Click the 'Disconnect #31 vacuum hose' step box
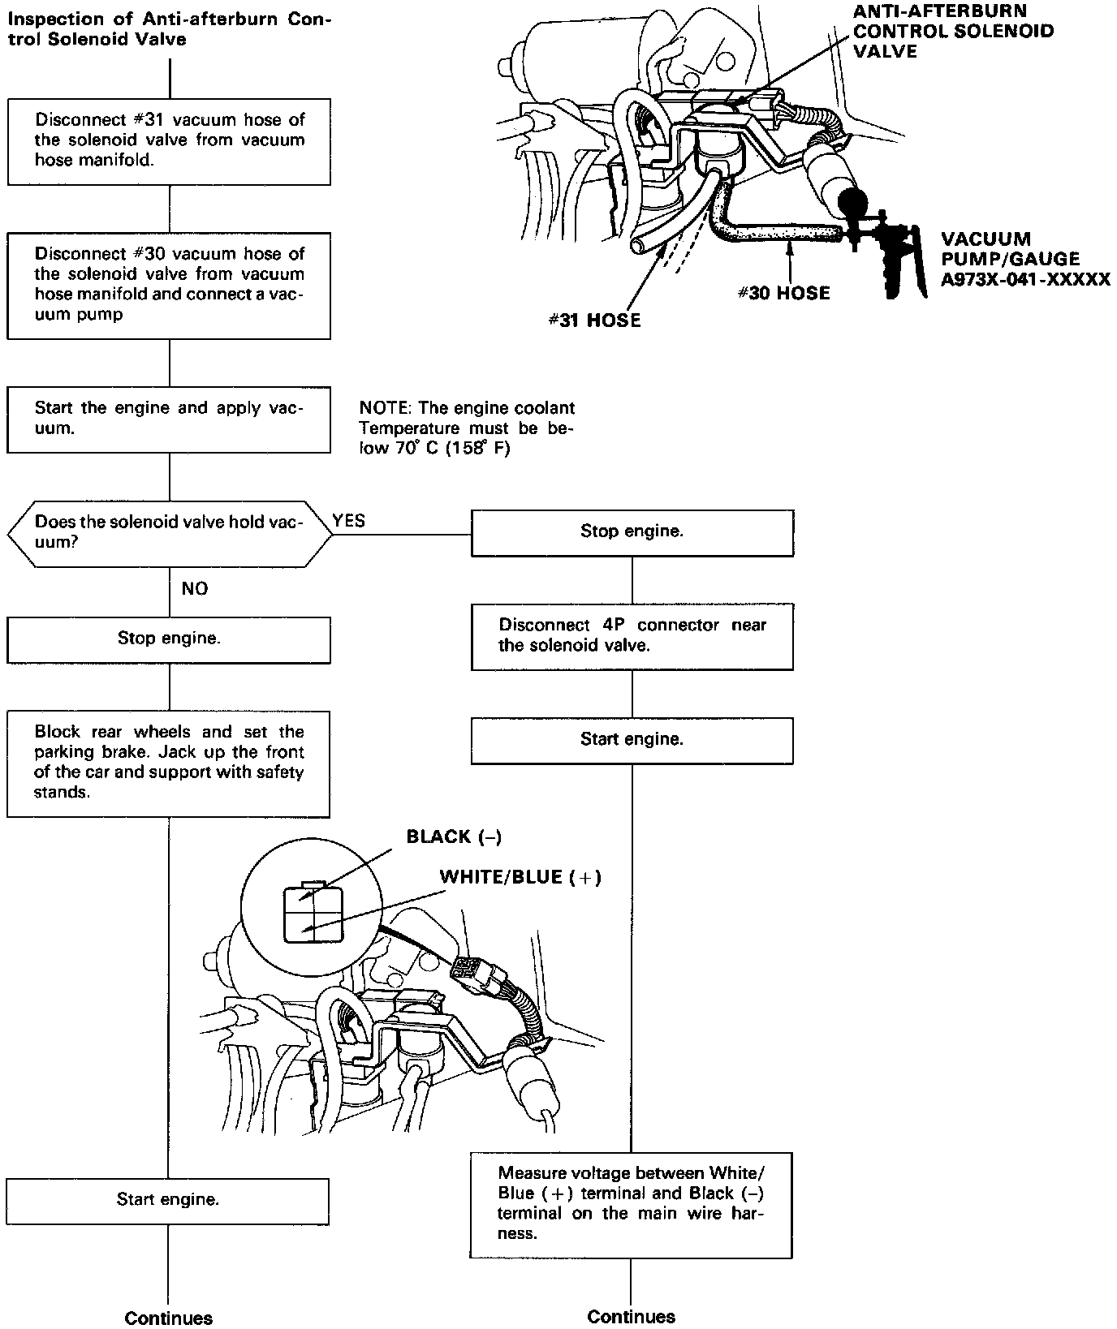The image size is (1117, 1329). (x=169, y=141)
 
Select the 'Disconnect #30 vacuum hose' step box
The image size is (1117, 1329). (x=169, y=286)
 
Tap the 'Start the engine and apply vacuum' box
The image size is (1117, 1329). (x=169, y=419)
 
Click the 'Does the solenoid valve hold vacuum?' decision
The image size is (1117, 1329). (x=169, y=533)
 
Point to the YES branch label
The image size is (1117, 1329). (x=349, y=521)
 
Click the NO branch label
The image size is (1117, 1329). (x=195, y=589)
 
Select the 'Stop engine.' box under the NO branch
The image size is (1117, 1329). (x=169, y=639)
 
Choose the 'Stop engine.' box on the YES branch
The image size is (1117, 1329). (x=632, y=532)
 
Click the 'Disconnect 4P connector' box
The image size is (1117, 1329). (x=632, y=636)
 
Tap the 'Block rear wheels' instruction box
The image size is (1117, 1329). (x=169, y=763)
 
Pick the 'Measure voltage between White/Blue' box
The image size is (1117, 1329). (x=631, y=1204)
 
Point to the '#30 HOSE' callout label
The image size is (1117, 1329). (x=783, y=294)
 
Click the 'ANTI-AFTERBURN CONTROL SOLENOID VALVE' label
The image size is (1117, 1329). (x=953, y=32)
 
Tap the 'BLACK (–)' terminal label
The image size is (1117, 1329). (x=454, y=837)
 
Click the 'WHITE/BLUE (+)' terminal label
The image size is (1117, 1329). (x=520, y=877)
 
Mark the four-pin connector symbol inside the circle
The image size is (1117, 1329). (x=312, y=914)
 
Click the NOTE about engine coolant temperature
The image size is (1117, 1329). (x=467, y=428)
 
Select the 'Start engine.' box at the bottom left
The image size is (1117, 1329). (x=168, y=1200)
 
